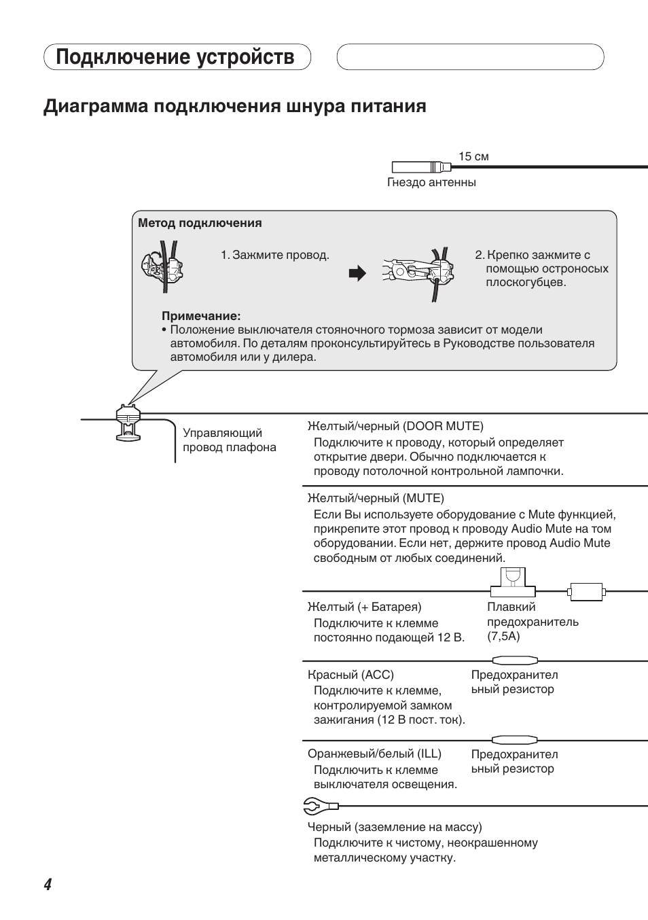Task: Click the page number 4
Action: tap(48, 884)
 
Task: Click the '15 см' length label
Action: tap(473, 156)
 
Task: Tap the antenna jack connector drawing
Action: tap(421, 166)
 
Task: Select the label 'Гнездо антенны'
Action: tap(431, 182)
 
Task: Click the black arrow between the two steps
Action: tap(357, 273)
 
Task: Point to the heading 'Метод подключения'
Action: tap(200, 223)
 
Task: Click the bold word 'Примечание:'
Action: tap(201, 316)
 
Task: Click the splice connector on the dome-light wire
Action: tap(127, 421)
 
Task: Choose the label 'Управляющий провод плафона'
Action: tap(229, 440)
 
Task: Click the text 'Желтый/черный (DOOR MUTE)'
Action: tap(395, 426)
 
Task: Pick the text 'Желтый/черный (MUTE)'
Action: tap(376, 498)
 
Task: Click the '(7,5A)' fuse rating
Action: tap(503, 636)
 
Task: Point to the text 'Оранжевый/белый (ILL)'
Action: tap(374, 754)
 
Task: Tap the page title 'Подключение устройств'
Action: tap(175, 57)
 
